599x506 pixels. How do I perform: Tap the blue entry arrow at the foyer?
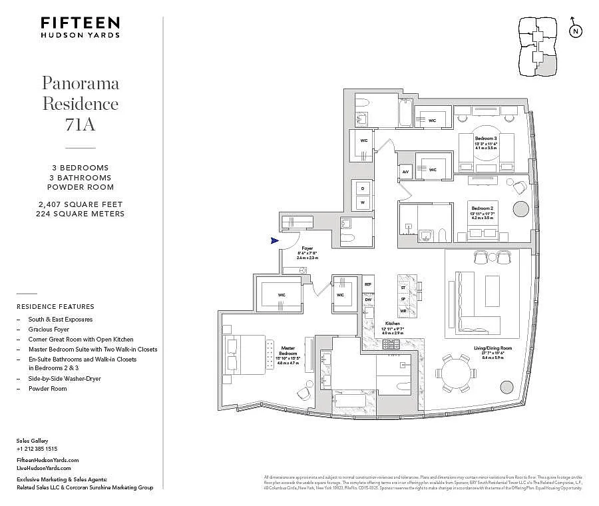point(274,241)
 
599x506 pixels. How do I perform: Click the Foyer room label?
point(307,248)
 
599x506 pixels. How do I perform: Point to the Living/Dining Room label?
point(493,348)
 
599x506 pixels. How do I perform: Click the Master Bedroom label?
point(288,348)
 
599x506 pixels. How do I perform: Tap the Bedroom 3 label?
point(486,138)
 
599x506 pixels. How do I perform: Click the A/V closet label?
point(406,170)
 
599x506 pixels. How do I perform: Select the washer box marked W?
point(363,201)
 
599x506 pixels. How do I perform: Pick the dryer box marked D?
point(363,187)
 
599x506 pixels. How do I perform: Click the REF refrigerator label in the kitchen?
point(367,284)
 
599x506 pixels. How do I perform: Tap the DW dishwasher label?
point(367,300)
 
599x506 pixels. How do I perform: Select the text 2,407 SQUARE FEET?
point(81,204)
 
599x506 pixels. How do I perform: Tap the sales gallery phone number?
point(37,449)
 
